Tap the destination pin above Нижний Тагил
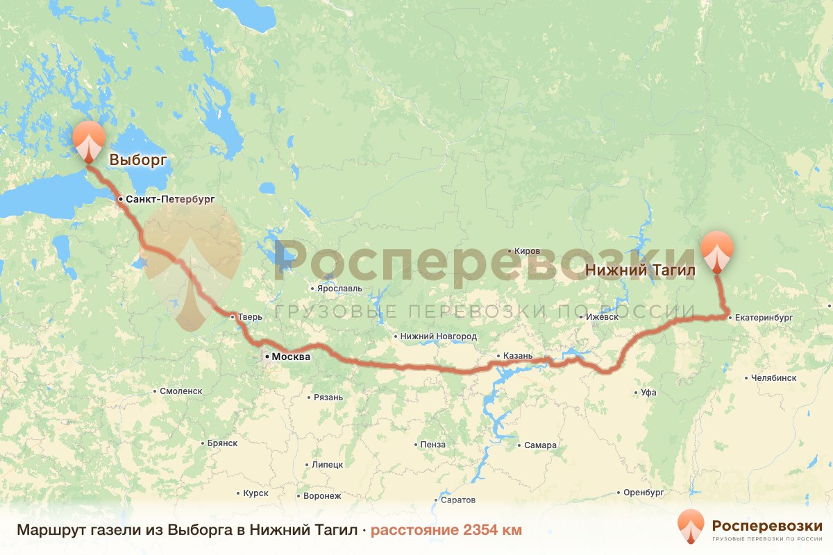coord(717,251)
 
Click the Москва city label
coord(290,357)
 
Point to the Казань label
coord(517,357)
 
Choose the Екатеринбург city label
coord(764,318)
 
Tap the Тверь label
coord(250,317)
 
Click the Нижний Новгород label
coord(439,336)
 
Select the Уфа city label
coord(648,393)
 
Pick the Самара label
coord(541,445)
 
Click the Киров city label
coord(527,251)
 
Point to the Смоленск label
coord(180,391)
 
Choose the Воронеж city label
coord(322,496)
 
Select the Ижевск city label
coord(601,317)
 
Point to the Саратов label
coord(457,500)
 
